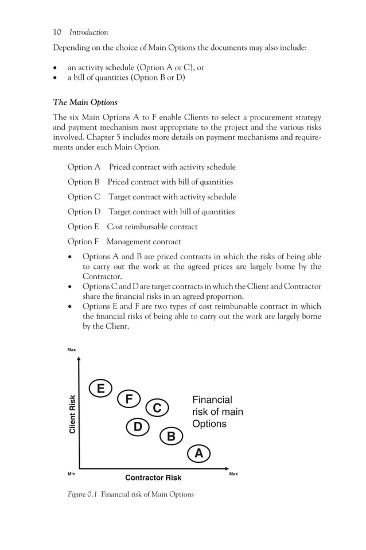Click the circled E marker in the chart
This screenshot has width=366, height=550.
pyautogui.click(x=101, y=389)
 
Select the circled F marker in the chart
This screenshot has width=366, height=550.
pyautogui.click(x=129, y=399)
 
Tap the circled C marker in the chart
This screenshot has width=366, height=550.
pyautogui.click(x=157, y=408)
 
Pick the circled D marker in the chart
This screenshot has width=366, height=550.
pyautogui.click(x=138, y=427)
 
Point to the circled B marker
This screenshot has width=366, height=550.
pyautogui.click(x=170, y=437)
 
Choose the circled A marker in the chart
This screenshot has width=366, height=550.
pyautogui.click(x=198, y=453)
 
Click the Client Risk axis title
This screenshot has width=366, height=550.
pyautogui.click(x=72, y=414)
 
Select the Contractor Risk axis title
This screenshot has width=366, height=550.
pyautogui.click(x=153, y=478)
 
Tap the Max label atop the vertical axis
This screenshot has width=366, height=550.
pyautogui.click(x=72, y=350)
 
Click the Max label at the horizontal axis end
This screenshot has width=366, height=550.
pyautogui.click(x=233, y=474)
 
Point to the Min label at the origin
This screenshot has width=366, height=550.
pyautogui.click(x=72, y=474)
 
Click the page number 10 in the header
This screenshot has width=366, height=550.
pyautogui.click(x=57, y=32)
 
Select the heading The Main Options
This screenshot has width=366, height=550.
pyautogui.click(x=85, y=102)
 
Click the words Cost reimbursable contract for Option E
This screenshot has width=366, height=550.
pyautogui.click(x=152, y=226)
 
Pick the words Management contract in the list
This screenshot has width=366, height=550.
pyautogui.click(x=143, y=241)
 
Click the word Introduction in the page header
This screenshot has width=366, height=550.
pyautogui.click(x=88, y=32)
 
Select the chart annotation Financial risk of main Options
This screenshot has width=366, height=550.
pyautogui.click(x=217, y=412)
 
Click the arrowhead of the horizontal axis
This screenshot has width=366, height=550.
pyautogui.click(x=227, y=468)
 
